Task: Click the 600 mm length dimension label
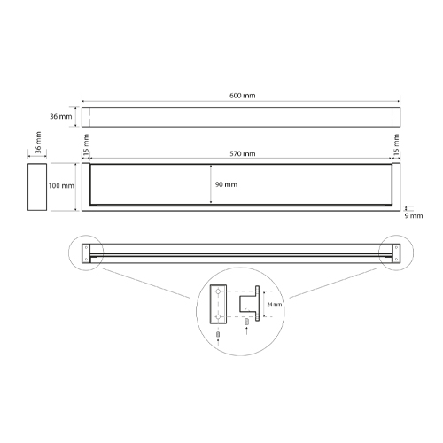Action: click(242, 96)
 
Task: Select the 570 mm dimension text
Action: click(243, 154)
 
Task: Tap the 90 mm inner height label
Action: click(226, 184)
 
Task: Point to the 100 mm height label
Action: click(61, 186)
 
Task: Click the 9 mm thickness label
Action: click(414, 216)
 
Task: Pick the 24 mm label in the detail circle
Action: click(275, 304)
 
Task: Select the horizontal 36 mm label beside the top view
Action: click(61, 117)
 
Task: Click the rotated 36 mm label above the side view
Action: click(38, 143)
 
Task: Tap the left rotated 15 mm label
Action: click(86, 144)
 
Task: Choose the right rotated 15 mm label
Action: click(396, 144)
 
